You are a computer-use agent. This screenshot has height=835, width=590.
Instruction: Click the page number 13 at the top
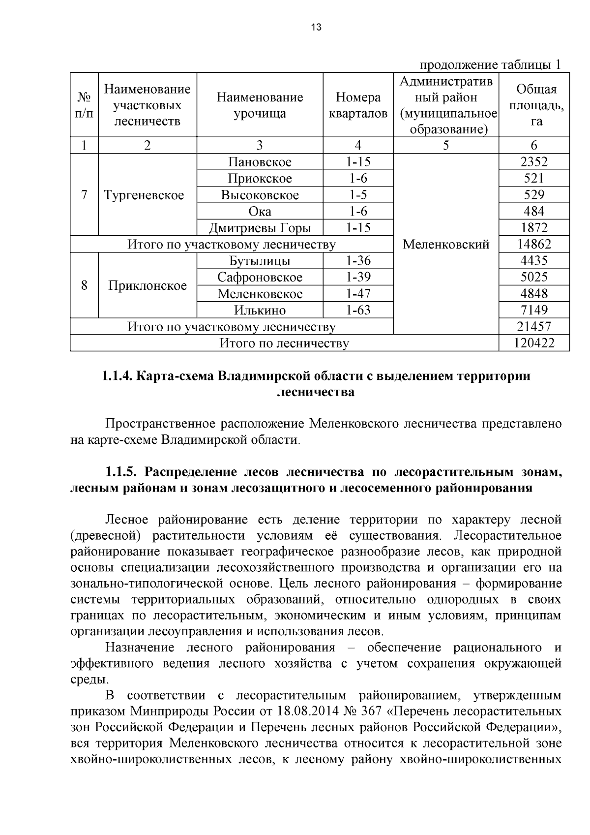[316, 28]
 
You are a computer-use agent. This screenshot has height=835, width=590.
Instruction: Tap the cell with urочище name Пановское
[260, 162]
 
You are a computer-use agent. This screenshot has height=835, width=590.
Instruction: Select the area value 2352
[534, 162]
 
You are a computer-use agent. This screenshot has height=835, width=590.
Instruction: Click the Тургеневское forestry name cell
[144, 195]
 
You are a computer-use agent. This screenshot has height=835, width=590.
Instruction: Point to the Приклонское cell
[147, 285]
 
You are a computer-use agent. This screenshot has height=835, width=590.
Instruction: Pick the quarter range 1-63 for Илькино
[358, 310]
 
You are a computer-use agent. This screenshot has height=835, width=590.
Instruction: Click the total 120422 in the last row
[534, 343]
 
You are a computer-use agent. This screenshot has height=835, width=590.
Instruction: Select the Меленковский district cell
[446, 244]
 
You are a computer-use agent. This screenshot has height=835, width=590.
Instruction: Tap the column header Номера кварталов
[358, 105]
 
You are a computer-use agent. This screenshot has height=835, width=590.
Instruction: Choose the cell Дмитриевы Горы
[260, 228]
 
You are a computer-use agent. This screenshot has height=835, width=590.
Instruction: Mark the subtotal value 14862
[534, 244]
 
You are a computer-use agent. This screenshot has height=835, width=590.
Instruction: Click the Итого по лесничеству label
[284, 343]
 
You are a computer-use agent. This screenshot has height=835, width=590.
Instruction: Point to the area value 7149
[534, 310]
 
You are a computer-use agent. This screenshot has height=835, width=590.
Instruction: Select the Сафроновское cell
[260, 277]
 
